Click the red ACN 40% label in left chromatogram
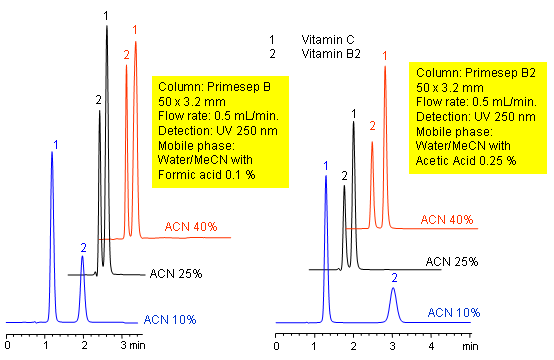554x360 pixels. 190,227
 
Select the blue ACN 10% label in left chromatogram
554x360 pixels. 169,319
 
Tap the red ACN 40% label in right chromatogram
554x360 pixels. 446,219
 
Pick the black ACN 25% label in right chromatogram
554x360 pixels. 452,261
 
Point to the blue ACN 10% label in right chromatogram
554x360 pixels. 453,313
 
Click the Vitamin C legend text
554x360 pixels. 329,40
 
